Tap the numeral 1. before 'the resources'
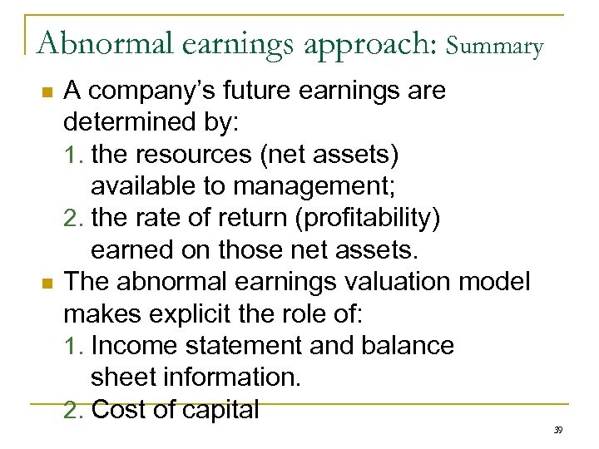(x=74, y=155)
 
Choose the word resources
(x=196, y=155)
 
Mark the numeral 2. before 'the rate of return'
(x=74, y=219)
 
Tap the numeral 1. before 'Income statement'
(x=74, y=346)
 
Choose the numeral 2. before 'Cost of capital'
(x=74, y=410)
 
